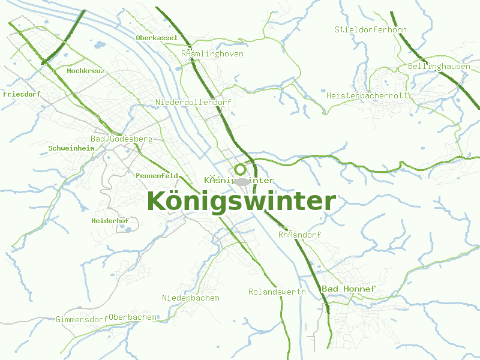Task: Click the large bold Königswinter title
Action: [241, 202]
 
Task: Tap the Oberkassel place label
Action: [157, 38]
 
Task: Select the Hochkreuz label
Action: [86, 71]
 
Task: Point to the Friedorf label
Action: [22, 94]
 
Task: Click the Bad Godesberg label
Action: [122, 139]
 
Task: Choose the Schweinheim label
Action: [71, 148]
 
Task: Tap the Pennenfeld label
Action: [157, 176]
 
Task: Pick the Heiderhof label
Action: [110, 221]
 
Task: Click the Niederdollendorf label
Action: [193, 103]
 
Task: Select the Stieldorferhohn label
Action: [371, 29]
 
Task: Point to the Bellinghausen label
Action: [439, 66]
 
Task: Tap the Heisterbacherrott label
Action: [367, 95]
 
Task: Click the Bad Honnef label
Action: [349, 289]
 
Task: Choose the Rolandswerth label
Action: [277, 292]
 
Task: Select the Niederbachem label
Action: [191, 298]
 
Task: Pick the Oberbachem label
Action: [133, 317]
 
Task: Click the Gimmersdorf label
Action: [82, 319]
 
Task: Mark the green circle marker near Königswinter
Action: [241, 169]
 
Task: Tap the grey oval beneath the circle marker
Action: [242, 181]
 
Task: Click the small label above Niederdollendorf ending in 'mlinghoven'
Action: [212, 53]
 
